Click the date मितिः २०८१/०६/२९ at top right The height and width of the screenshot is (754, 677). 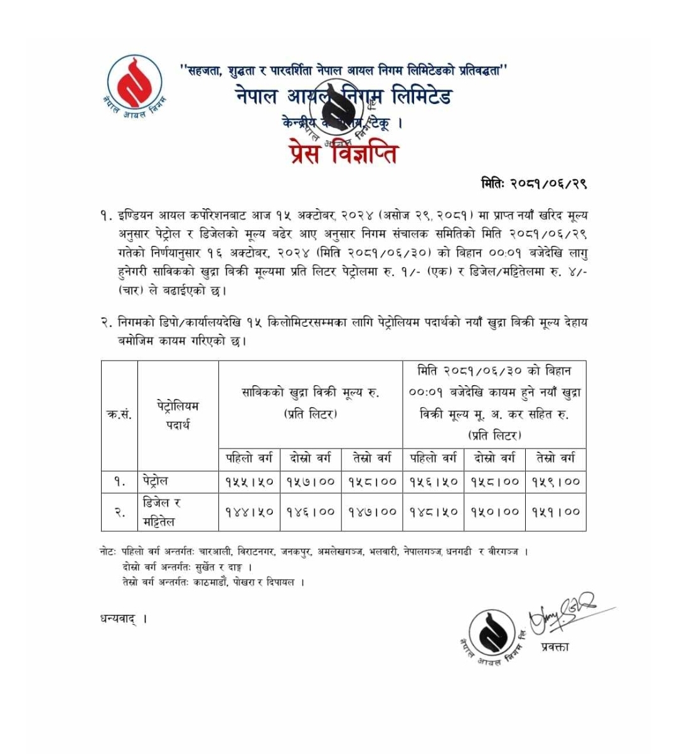(533, 183)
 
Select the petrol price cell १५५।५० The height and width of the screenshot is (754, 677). (249, 482)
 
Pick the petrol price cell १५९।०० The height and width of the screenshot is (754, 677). (556, 482)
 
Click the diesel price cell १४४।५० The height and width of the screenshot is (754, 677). (249, 511)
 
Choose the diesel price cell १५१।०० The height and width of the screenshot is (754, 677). (556, 511)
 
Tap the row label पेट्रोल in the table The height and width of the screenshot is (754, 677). (155, 481)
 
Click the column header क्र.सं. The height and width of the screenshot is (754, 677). (119, 415)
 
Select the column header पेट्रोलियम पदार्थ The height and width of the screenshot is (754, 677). (178, 415)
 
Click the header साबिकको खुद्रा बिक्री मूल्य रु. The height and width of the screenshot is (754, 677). (310, 393)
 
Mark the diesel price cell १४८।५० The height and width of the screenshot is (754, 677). (434, 511)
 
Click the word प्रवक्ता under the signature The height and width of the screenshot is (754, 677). (554, 647)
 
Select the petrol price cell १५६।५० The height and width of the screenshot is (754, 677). (434, 482)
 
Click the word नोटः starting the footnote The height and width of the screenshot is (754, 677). (107, 552)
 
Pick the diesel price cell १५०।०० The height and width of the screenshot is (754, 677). (495, 511)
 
